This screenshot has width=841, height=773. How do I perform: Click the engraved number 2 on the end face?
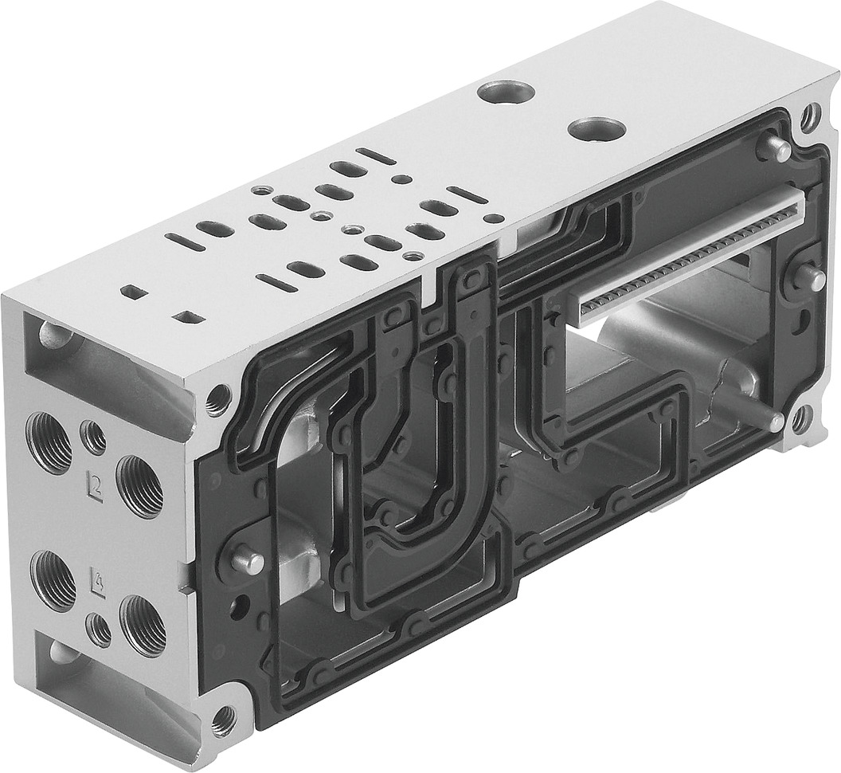pyautogui.click(x=96, y=481)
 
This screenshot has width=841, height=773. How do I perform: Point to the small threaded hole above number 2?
pyautogui.click(x=94, y=438)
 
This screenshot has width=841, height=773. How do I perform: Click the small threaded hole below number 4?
pyautogui.click(x=100, y=630)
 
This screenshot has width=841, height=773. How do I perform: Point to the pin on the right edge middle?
pyautogui.click(x=812, y=279)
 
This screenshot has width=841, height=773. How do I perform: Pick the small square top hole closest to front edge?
pyautogui.click(x=189, y=317)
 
